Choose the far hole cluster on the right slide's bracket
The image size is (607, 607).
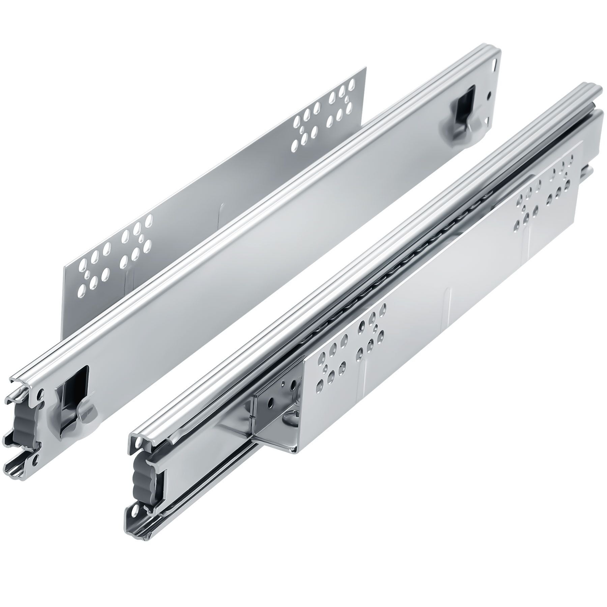click(543, 202)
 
